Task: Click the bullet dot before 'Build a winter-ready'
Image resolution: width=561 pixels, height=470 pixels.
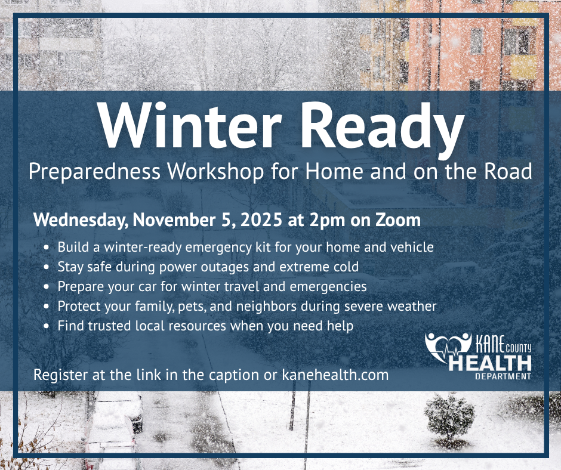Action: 47,247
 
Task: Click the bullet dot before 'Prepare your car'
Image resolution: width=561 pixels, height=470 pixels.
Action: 47,287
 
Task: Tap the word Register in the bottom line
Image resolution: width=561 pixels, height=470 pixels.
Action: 58,375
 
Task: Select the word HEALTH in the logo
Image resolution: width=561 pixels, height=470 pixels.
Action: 491,363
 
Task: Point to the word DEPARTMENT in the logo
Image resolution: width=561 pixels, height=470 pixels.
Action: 503,376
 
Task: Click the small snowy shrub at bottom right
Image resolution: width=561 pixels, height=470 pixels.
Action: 449,415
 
